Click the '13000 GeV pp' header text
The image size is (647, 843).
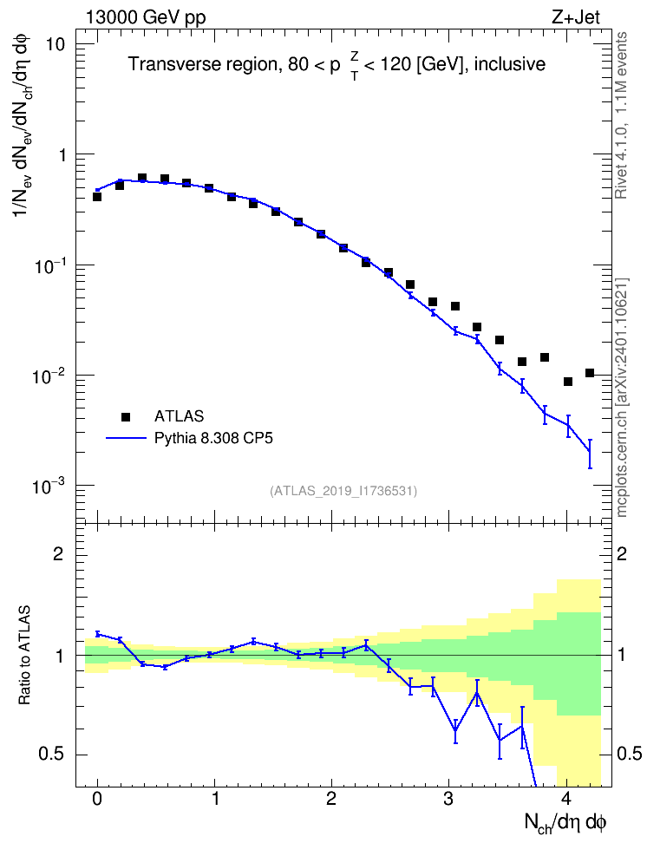[x=145, y=17]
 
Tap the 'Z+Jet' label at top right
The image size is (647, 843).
[x=576, y=17]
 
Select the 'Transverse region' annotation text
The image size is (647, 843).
[x=202, y=64]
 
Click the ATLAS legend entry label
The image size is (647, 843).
[x=179, y=416]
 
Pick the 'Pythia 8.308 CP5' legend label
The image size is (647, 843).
[x=213, y=438]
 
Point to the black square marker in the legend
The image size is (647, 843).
[x=126, y=416]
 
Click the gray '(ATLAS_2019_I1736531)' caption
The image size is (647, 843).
[x=343, y=491]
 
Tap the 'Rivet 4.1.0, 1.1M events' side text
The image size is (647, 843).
[x=621, y=115]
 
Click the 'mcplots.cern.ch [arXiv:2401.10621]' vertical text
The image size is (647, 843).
[x=622, y=398]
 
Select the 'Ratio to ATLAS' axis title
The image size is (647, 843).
[x=24, y=655]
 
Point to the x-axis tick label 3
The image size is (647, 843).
[x=448, y=799]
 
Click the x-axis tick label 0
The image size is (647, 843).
[x=97, y=799]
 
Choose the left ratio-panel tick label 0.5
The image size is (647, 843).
[x=52, y=755]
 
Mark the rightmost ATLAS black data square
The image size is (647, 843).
[x=590, y=373]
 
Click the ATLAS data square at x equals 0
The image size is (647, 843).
[x=97, y=197]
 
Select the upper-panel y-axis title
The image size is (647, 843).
[x=23, y=128]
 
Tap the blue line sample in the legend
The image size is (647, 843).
[x=126, y=439]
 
